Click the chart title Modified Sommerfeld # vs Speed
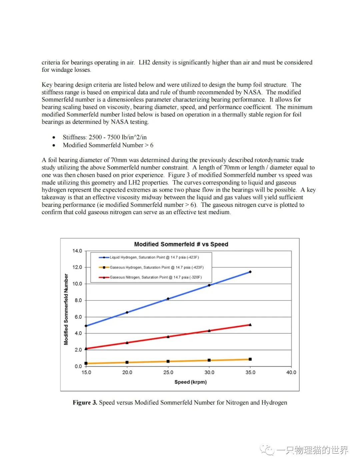[181, 244]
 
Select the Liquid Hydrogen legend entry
[154, 257]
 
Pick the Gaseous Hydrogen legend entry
[156, 267]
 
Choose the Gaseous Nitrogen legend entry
[155, 277]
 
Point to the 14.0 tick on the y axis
[77, 251]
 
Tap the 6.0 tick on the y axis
[78, 317]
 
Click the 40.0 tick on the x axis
[291, 372]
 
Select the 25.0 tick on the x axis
[168, 372]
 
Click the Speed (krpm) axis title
[190, 382]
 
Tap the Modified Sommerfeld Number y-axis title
[66, 309]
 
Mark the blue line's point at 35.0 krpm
[250, 272]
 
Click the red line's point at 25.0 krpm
[168, 337]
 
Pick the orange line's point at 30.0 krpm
[209, 360]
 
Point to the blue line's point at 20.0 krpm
[127, 312]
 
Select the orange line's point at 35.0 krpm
[250, 359]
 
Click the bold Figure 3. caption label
[85, 403]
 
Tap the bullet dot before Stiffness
[54, 137]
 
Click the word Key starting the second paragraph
[47, 85]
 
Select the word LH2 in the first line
[144, 62]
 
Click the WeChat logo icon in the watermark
[267, 450]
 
